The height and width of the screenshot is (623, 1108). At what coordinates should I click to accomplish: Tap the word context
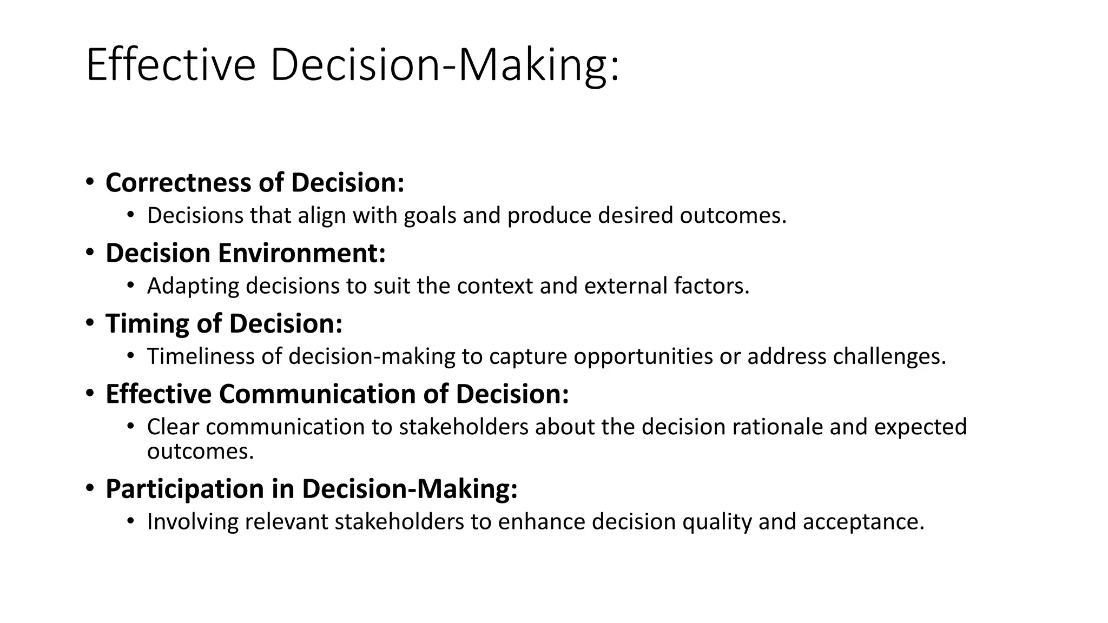pos(494,286)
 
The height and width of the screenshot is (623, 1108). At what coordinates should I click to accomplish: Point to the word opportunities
pos(643,356)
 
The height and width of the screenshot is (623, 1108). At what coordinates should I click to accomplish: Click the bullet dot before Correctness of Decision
pos(90,181)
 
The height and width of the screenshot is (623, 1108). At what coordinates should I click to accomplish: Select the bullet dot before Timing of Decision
pos(90,322)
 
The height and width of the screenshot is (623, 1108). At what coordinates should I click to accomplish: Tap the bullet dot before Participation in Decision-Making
pos(90,487)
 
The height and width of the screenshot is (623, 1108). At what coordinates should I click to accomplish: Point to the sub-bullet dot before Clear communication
pos(130,426)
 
